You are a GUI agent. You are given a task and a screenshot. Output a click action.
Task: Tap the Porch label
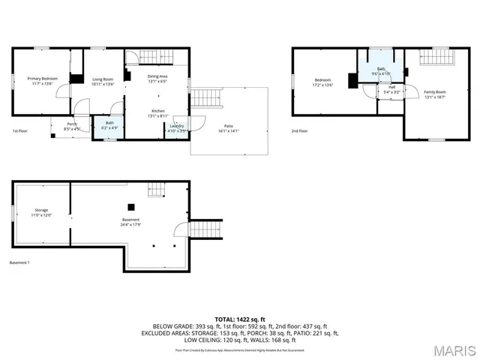[x=72, y=126]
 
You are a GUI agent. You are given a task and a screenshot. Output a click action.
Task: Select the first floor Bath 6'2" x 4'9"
[x=109, y=125]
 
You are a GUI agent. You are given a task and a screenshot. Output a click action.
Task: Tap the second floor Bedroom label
[x=322, y=82]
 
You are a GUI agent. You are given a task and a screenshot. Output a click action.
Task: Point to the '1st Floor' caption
[x=21, y=131]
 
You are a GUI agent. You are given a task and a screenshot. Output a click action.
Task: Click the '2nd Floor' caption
[x=300, y=131]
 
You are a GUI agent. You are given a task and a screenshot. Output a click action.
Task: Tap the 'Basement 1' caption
[x=19, y=262]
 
